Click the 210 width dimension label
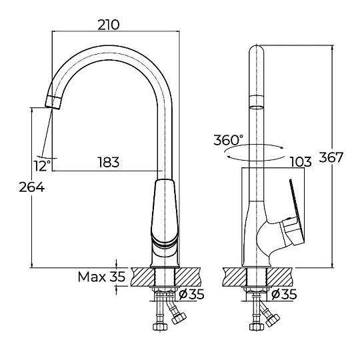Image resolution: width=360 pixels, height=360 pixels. coord(109,25)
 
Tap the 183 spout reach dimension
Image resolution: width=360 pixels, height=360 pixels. coord(109,162)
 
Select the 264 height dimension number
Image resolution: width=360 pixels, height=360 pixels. coord(32,187)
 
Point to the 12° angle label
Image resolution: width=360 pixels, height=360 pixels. coord(43,166)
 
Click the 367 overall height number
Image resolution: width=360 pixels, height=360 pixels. coord(331,157)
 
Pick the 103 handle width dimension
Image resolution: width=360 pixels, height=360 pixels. coord(301,162)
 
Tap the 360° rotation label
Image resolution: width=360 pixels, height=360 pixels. coord(228,140)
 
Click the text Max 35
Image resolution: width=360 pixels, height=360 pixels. coord(102,277)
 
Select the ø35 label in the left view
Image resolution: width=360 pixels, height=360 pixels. coord(191,294)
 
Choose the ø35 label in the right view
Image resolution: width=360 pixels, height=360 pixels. coord(284,294)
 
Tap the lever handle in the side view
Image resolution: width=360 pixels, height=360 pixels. coord(295,221)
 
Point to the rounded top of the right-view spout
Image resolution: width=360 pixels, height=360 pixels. coord(257,49)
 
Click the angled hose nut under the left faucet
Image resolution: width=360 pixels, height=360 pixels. coord(179,318)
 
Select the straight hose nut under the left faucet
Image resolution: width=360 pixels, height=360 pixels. coord(160,327)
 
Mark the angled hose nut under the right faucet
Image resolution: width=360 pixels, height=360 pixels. coord(273,320)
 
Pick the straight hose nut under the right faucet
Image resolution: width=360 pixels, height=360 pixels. coord(257,327)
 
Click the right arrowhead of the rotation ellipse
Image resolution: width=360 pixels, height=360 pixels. coord(282,147)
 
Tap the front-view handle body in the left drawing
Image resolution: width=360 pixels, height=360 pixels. coord(165,211)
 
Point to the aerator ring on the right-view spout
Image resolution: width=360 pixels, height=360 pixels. coord(257,103)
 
